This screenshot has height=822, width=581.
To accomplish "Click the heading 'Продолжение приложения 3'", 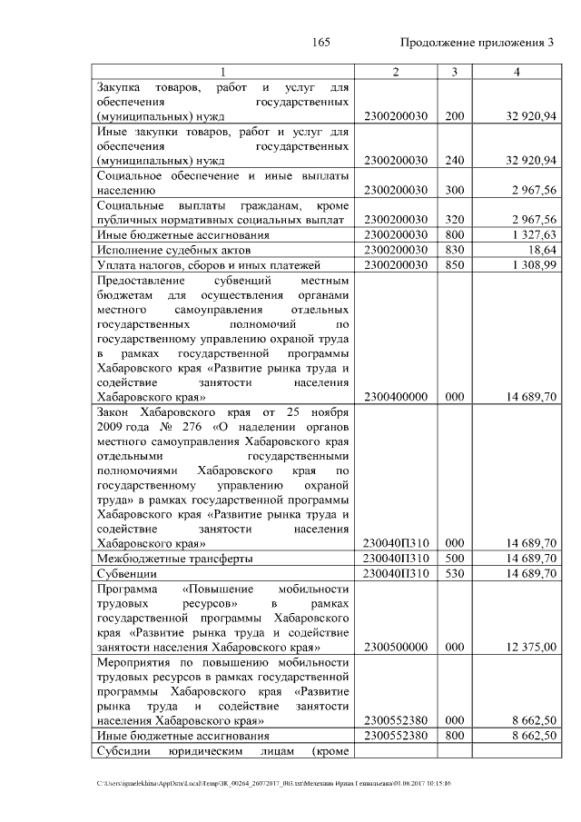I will [477, 43].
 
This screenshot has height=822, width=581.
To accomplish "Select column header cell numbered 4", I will [515, 72].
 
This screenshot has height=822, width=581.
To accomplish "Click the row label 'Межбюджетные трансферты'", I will [174, 559].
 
